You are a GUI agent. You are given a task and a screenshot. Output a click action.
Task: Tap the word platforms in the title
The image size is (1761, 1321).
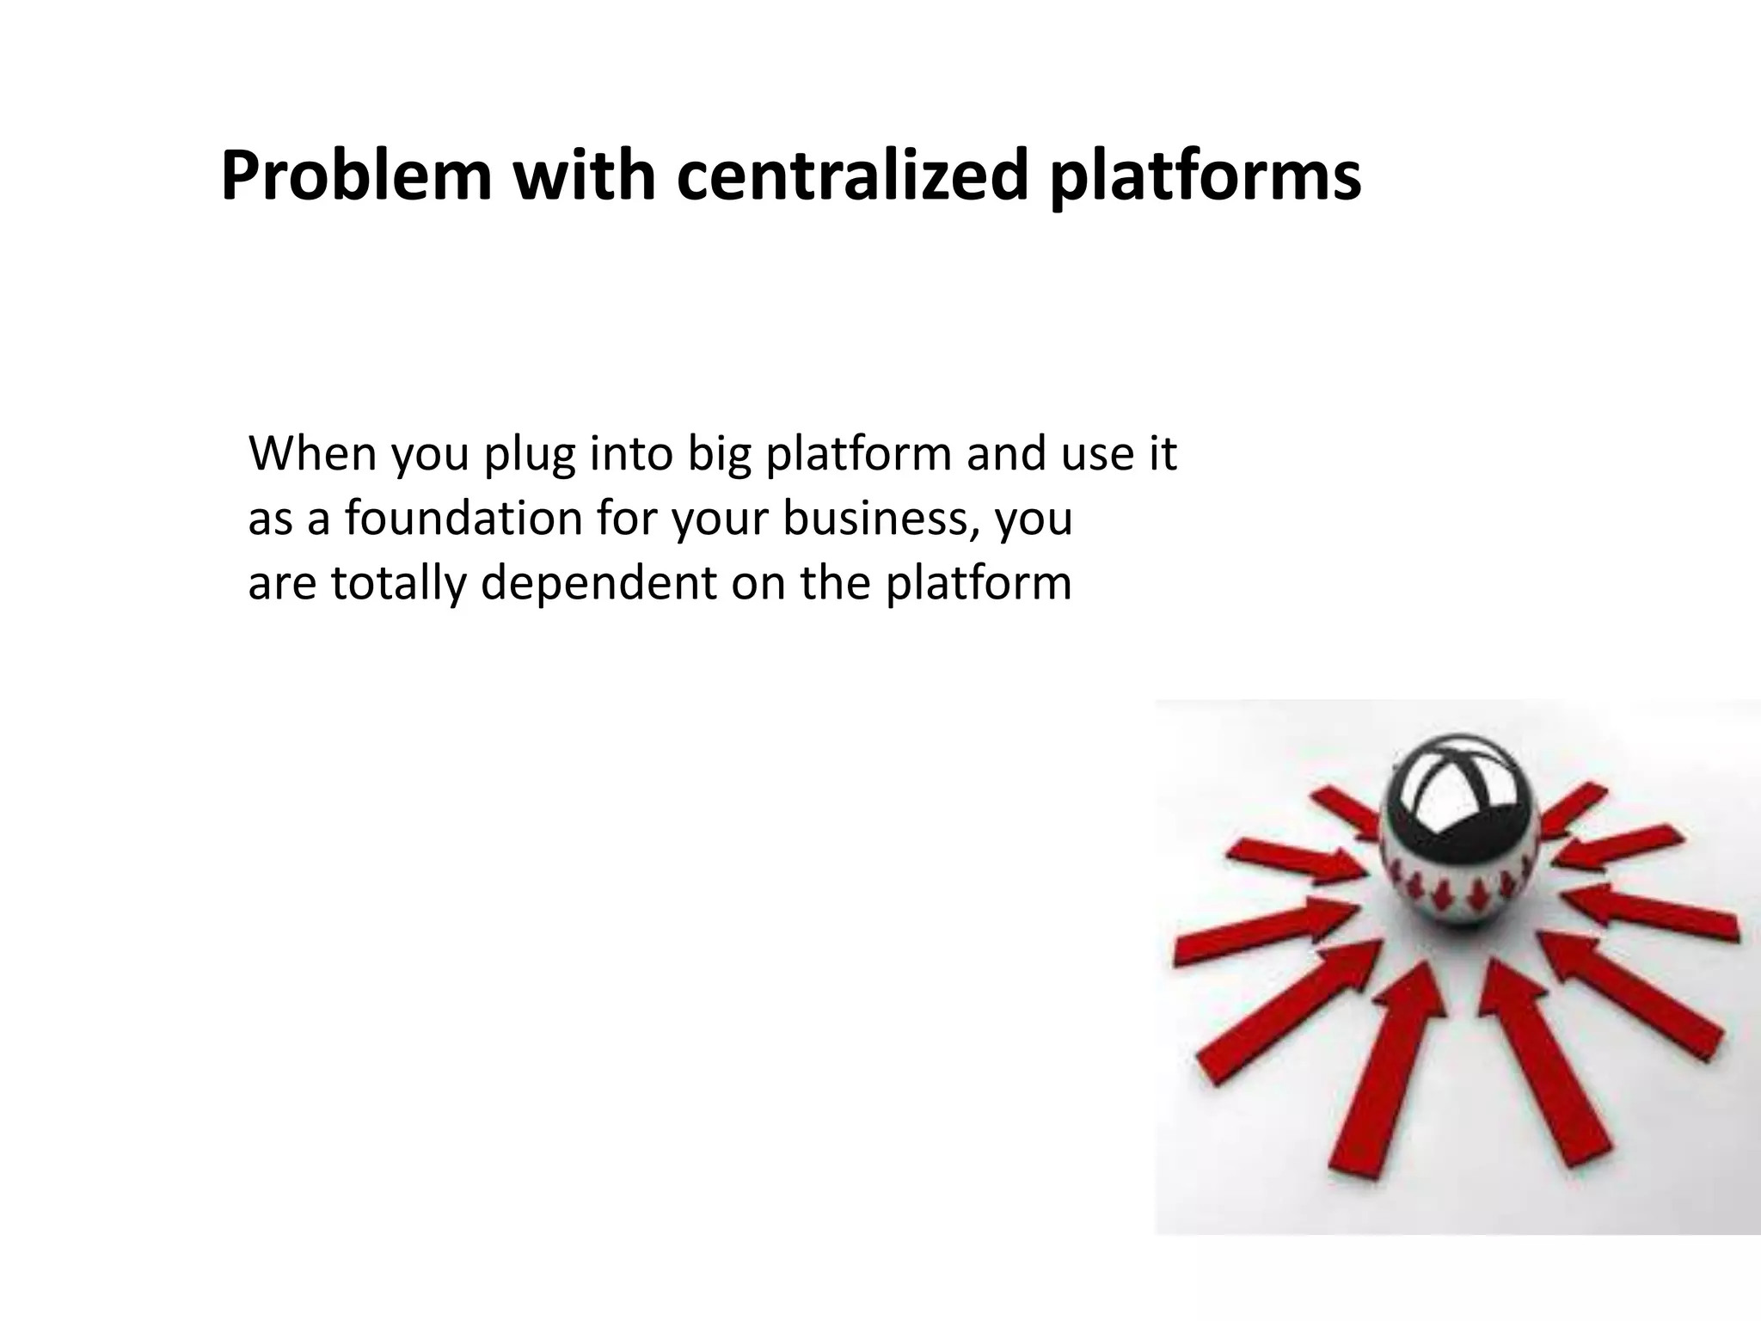(1206, 178)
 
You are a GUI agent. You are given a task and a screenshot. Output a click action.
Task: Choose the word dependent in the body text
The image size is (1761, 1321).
(598, 584)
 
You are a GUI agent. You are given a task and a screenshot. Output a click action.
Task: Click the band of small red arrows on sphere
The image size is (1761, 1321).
(1453, 894)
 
